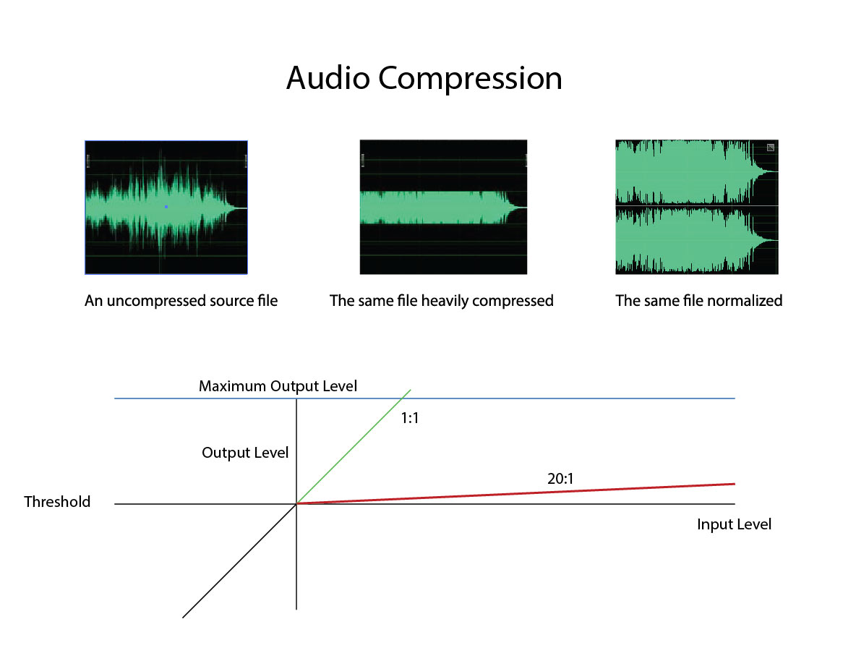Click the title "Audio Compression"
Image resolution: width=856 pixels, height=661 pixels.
pos(424,79)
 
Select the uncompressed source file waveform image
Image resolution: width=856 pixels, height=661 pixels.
pos(166,207)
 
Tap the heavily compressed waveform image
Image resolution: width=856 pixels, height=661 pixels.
pos(443,207)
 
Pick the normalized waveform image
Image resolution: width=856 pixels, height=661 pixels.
pos(697,207)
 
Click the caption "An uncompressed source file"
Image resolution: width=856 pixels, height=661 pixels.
pos(181,301)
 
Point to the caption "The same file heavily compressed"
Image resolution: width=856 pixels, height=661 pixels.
pos(442,301)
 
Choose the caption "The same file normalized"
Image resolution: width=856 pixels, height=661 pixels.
pos(699,300)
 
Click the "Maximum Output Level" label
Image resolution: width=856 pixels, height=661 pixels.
pos(278,386)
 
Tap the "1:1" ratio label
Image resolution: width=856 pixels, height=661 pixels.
pos(409,419)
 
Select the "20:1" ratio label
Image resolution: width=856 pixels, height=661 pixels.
pos(560,479)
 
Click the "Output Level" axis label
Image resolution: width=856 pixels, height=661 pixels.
pos(245,453)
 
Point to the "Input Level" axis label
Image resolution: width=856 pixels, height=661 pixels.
pos(735,524)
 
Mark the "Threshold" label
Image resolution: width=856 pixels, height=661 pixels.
pos(57,502)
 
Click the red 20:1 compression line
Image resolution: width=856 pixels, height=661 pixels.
pos(516,493)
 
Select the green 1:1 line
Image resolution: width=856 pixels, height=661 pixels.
pos(354,447)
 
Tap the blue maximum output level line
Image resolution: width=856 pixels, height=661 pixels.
pos(424,398)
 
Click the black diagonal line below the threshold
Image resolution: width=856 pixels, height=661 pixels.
pos(239,561)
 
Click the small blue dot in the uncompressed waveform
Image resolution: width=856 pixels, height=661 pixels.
pos(166,207)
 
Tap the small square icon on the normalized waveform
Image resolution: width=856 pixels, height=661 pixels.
pos(771,148)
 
